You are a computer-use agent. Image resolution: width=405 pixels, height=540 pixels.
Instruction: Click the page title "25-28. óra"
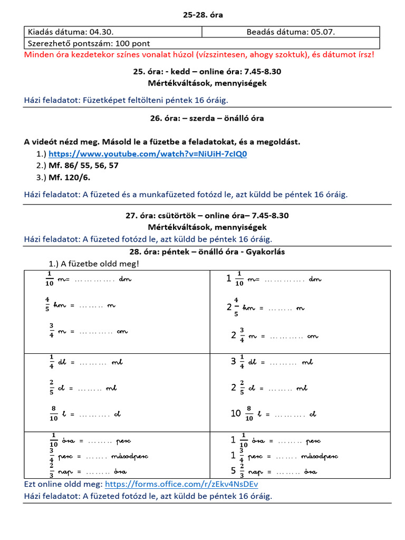pos(203,15)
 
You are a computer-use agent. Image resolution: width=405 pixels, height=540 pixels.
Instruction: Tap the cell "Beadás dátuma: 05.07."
pos(291,32)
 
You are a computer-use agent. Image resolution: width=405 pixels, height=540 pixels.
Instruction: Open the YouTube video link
pos(148,154)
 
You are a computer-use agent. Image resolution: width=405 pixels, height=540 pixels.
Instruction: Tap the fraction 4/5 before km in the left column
pos(47,305)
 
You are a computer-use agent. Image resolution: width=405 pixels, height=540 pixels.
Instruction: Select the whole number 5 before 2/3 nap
pos(233,471)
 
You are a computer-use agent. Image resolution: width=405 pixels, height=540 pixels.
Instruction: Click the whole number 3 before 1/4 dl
pos(233,362)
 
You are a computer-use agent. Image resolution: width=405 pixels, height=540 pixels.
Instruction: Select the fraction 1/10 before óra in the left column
pos(53,439)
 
